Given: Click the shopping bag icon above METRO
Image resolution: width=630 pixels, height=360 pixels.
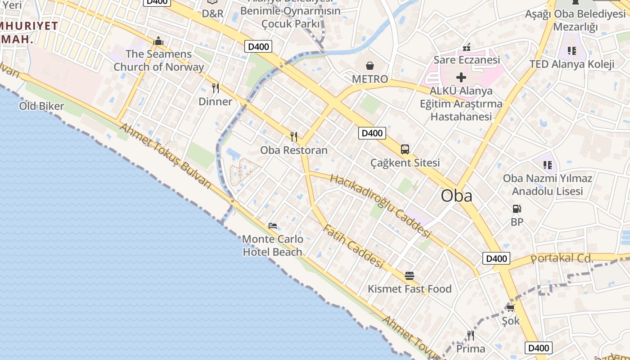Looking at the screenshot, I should (x=370, y=66).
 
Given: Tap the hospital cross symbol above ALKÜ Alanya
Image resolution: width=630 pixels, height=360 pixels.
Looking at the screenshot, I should (x=461, y=77).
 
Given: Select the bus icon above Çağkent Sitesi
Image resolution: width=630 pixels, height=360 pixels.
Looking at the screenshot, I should (x=405, y=149).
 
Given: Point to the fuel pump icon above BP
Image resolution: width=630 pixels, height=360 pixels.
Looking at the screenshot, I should (x=517, y=208).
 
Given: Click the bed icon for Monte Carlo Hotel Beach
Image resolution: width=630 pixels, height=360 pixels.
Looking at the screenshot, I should (x=272, y=225).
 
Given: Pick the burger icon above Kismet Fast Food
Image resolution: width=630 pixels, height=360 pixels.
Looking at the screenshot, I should (x=409, y=275).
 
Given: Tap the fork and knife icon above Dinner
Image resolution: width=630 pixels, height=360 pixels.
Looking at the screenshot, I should (x=216, y=88).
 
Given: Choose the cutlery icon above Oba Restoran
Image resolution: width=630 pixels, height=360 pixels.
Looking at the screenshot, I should (x=294, y=136).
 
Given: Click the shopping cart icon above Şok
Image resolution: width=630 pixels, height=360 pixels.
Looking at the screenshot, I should (x=510, y=308).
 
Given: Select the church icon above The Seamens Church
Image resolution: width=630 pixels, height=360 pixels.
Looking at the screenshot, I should (x=158, y=41).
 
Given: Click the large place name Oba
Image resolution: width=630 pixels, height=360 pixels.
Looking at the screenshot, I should (x=456, y=196).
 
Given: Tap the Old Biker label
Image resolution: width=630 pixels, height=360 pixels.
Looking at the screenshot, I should (x=41, y=106).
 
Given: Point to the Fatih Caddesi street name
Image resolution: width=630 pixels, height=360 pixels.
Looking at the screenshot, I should (x=353, y=247).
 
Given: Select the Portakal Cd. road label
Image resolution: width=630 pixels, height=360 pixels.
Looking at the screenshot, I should (x=562, y=258).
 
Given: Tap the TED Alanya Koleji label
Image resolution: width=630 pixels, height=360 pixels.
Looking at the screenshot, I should (x=571, y=64).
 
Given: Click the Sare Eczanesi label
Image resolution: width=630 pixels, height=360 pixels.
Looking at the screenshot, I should (x=467, y=60).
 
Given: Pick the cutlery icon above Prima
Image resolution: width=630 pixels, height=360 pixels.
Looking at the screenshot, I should (x=471, y=336).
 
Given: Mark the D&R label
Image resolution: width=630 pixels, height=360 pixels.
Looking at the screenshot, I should (x=212, y=13).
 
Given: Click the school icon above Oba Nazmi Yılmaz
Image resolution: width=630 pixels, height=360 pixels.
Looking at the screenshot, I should (x=547, y=165).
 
